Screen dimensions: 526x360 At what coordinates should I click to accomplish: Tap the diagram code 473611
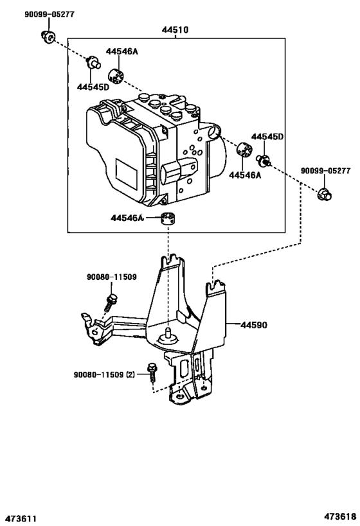coord(22,517)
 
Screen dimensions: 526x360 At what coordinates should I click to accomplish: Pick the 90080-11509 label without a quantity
coord(111,277)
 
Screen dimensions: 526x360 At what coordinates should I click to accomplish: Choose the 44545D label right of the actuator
coord(267,136)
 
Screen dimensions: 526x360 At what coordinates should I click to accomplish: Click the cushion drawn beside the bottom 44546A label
coord(169,219)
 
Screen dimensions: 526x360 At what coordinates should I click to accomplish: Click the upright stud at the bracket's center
coord(169,333)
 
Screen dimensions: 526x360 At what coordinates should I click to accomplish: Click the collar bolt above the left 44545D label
coord(94,62)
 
